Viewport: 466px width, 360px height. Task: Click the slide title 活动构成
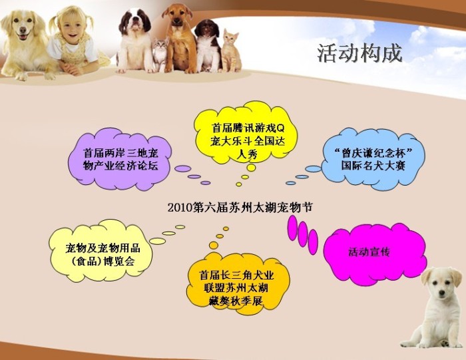pyautogui.click(x=360, y=53)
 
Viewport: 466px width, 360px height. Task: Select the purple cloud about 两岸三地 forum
pyautogui.click(x=120, y=160)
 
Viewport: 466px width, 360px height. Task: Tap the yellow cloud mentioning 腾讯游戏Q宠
pyautogui.click(x=246, y=133)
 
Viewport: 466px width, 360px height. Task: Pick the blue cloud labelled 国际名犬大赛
pyautogui.click(x=373, y=159)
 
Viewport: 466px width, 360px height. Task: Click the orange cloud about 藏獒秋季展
pyautogui.click(x=238, y=286)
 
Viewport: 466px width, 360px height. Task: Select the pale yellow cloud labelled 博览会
pyautogui.click(x=101, y=252)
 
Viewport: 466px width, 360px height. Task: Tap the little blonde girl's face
pyautogui.click(x=71, y=26)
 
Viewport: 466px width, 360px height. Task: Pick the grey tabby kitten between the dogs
pyautogui.click(x=160, y=55)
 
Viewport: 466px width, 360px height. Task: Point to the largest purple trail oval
pyautogui.click(x=183, y=169)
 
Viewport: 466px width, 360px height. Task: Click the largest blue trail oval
pyautogui.click(x=314, y=169)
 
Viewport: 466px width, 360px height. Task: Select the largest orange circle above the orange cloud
pyautogui.click(x=214, y=245)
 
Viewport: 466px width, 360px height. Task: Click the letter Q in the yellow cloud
pyautogui.click(x=280, y=128)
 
